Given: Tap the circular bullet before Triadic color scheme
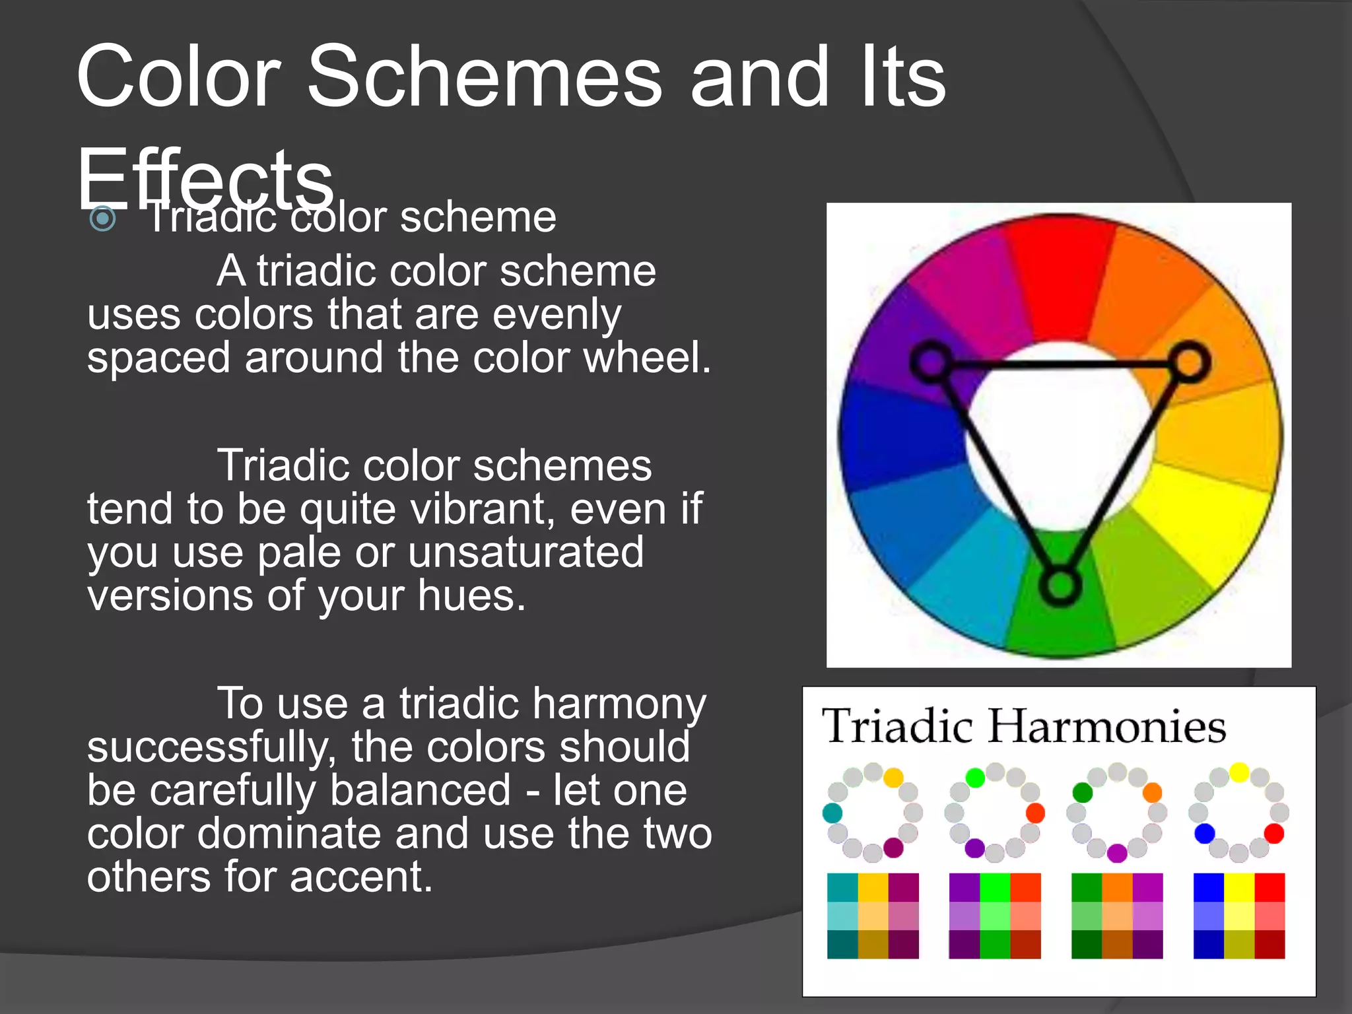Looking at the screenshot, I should pos(103,219).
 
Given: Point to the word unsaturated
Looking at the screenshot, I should pos(525,553).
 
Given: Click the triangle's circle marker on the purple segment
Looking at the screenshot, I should pos(931,362).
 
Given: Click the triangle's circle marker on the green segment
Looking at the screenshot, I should pos(1060,585).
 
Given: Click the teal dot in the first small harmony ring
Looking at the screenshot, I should pos(832,813).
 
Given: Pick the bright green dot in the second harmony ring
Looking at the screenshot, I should pos(975,778).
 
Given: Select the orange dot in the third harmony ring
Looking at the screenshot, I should pos(1152,792).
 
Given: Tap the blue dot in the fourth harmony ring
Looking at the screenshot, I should pos(1205,834).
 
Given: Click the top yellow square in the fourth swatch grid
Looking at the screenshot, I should pos(1239,887).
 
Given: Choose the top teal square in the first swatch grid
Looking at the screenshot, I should pos(842,887).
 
